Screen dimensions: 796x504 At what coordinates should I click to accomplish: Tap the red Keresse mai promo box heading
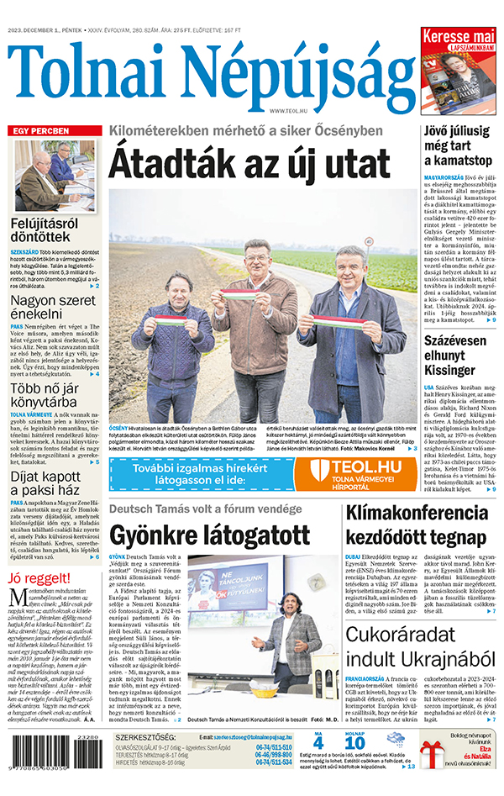point(458,37)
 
